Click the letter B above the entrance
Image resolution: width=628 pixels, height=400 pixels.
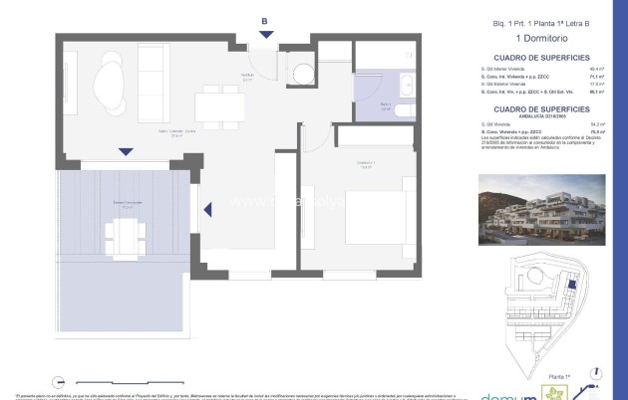pos(264,21)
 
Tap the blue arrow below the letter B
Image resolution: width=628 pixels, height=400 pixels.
pos(264,37)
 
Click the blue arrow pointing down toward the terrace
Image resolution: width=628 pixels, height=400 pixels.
pos(124,152)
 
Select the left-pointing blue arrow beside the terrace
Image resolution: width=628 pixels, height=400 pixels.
pos(207,210)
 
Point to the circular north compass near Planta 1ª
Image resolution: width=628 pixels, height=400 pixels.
pos(595,374)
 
